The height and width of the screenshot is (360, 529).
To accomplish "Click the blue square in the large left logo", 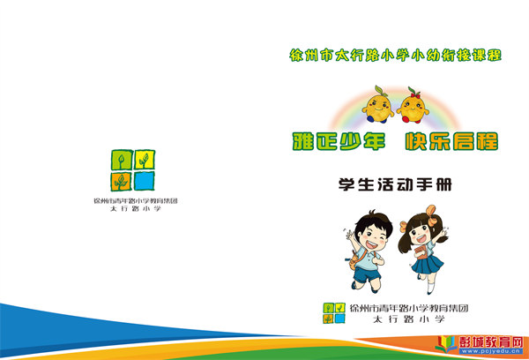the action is (x=145, y=181).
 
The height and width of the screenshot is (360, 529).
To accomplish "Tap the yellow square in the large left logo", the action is (x=145, y=160).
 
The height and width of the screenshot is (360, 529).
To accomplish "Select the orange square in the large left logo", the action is (x=122, y=182).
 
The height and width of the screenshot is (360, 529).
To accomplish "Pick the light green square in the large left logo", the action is (x=122, y=160).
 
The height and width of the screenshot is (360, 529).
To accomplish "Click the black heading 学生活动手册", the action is (x=395, y=184).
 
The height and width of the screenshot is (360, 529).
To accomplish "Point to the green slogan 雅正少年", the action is (x=339, y=141).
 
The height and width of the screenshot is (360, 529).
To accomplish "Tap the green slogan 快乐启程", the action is (x=451, y=141).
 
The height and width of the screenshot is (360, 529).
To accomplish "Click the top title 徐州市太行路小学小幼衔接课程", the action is (x=395, y=56).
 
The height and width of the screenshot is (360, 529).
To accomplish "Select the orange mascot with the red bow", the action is (x=413, y=107).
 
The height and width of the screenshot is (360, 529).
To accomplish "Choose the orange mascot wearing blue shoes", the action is (x=378, y=105).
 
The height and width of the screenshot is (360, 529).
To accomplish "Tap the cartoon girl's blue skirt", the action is (x=428, y=264).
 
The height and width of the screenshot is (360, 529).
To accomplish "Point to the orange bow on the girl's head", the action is (x=431, y=214).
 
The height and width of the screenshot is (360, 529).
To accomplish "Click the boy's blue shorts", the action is (x=367, y=274).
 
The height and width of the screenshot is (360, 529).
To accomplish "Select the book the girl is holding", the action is (x=421, y=252).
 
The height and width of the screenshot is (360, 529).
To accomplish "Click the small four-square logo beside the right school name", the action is (x=334, y=313).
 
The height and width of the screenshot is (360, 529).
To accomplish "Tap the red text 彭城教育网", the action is (x=491, y=342).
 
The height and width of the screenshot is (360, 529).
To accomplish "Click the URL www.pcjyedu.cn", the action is (x=491, y=351).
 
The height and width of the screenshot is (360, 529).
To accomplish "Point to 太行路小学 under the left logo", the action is (x=136, y=209).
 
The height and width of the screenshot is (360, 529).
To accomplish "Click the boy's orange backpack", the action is (x=356, y=259).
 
